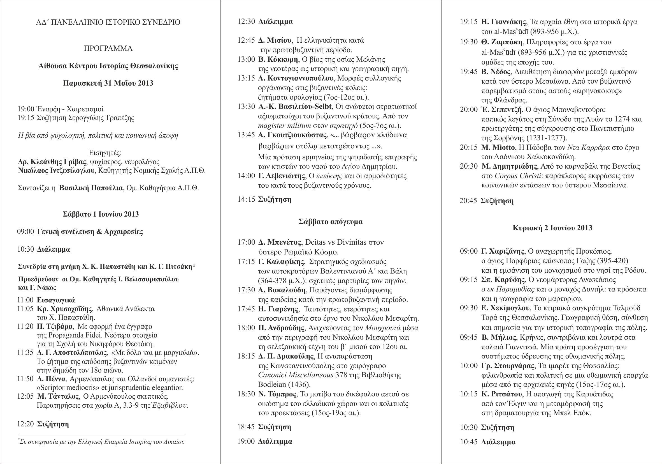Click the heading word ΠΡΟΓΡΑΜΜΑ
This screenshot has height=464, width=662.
[108, 49]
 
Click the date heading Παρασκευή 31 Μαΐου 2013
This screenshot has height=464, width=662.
[108, 83]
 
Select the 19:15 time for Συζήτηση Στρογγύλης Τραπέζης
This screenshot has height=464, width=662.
[26, 118]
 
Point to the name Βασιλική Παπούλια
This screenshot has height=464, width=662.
[91, 188]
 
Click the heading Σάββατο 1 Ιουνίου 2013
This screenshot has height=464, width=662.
[101, 214]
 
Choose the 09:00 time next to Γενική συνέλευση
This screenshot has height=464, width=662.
[26, 231]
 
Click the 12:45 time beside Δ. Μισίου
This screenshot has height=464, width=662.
[246, 40]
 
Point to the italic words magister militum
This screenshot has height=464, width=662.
[284, 126]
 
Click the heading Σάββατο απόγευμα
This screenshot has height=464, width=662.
[330, 222]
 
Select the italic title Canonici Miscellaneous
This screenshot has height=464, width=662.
[295, 375]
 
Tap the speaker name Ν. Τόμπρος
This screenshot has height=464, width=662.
[277, 394]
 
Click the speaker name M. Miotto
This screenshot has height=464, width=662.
[498, 148]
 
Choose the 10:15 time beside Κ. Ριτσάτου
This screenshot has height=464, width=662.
[469, 394]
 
